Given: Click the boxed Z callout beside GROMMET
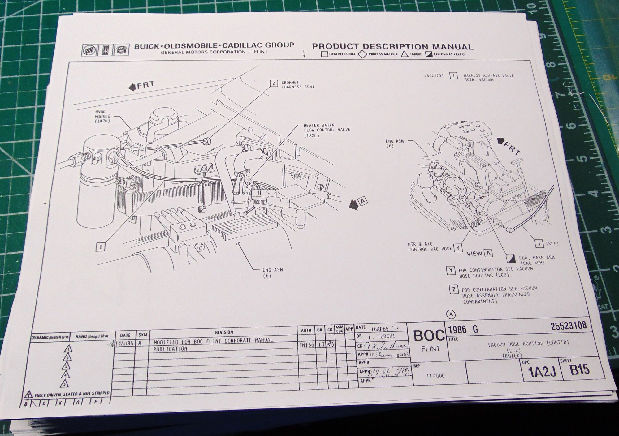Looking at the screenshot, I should [274, 83].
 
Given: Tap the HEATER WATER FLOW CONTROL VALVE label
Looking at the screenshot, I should [326, 130].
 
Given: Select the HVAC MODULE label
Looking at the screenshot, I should [103, 116].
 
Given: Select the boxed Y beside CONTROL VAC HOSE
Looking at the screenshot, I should [458, 248].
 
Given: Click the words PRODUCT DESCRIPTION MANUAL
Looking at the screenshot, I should [392, 47].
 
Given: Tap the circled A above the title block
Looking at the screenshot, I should [451, 314].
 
